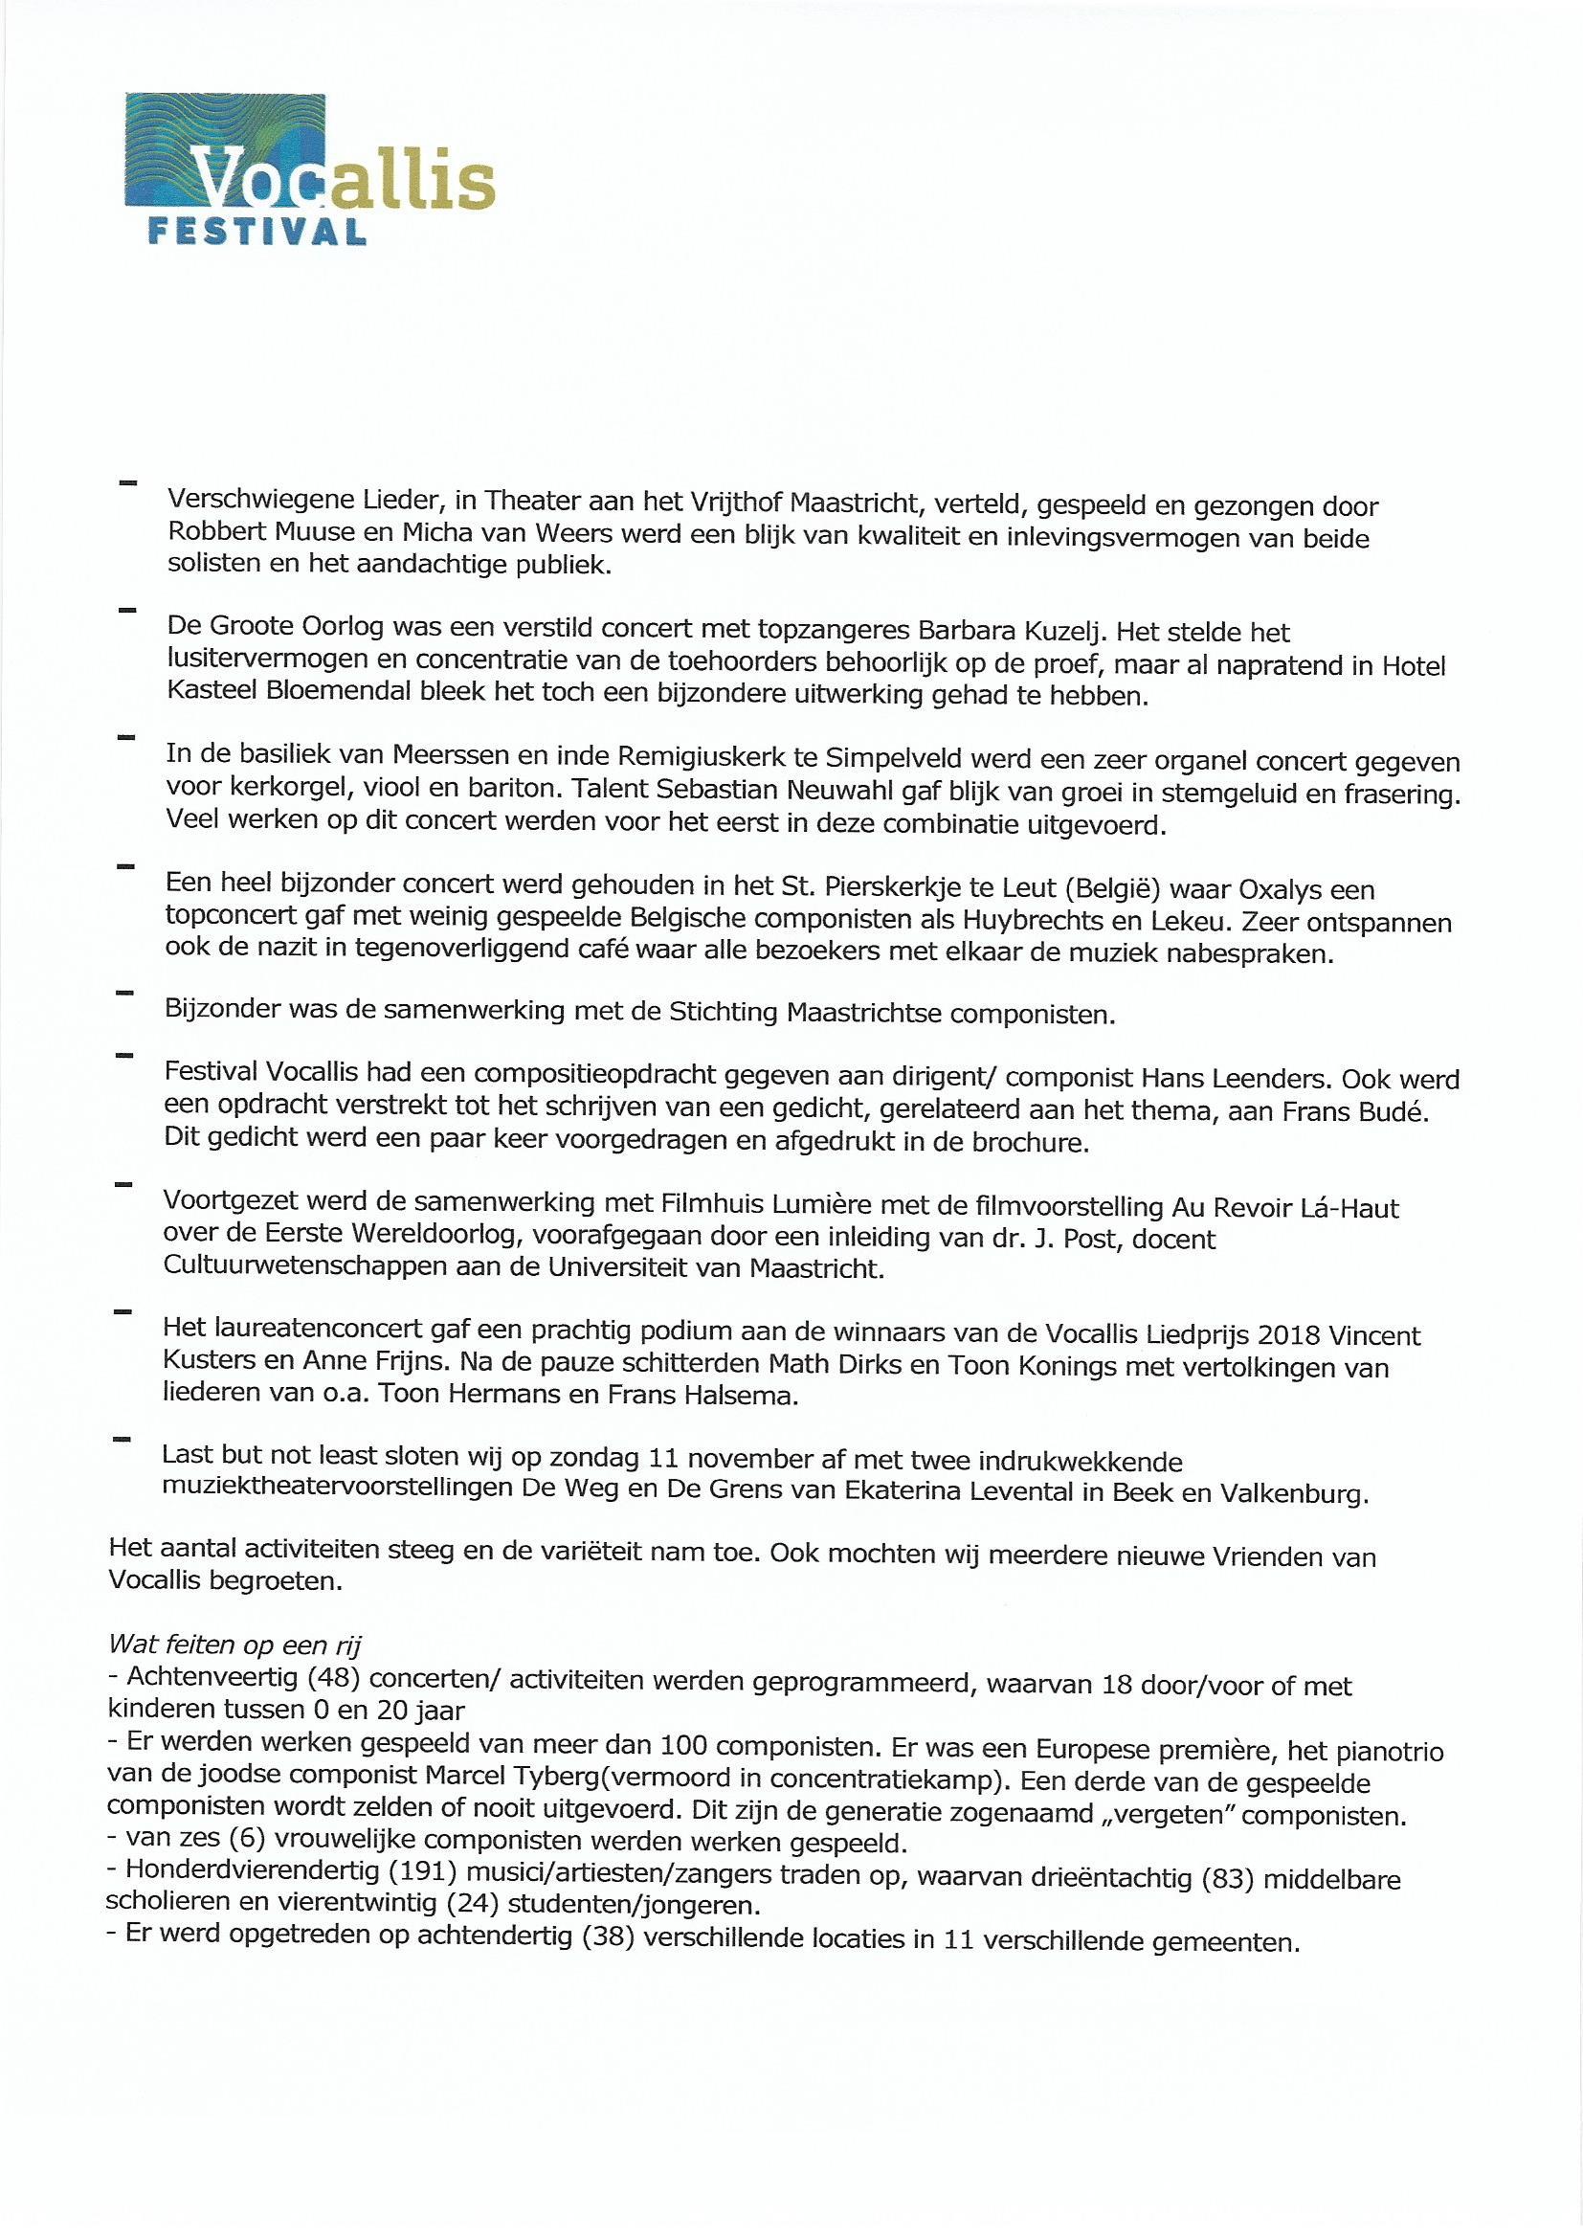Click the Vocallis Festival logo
(x=310, y=168)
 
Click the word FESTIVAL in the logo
(x=256, y=231)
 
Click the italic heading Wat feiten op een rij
(x=234, y=1645)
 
